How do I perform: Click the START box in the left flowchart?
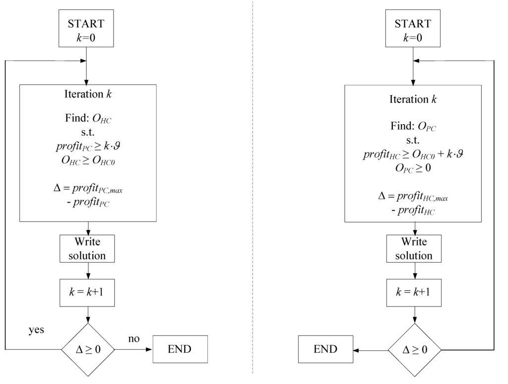click(86, 28)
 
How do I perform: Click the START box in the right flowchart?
click(413, 28)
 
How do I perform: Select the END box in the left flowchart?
click(180, 349)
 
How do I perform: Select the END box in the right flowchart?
click(325, 349)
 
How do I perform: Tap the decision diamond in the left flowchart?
click(88, 350)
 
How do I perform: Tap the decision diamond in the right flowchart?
click(415, 350)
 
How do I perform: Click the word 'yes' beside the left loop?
click(36, 330)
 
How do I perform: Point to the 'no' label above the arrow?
click(134, 339)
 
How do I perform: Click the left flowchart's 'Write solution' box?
click(87, 248)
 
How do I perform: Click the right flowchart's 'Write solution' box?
click(414, 248)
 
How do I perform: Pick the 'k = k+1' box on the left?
click(87, 293)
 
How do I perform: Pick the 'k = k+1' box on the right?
click(414, 293)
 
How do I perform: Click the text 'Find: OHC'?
click(88, 118)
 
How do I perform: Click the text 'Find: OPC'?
click(413, 126)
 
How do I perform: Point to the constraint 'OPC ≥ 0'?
click(413, 168)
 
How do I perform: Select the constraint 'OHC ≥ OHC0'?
click(88, 160)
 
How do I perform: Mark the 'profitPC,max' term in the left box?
click(97, 188)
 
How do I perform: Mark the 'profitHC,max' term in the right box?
click(423, 197)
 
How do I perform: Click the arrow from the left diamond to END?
click(133, 349)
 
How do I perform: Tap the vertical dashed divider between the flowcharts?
click(253, 187)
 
